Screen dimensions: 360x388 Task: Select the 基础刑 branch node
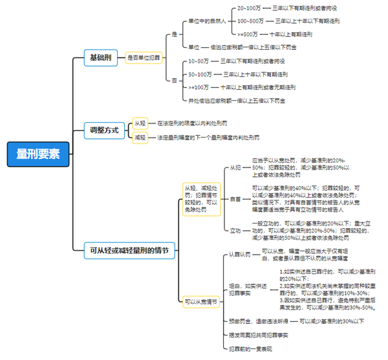[x=100, y=58]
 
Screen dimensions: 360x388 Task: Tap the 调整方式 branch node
[x=104, y=130]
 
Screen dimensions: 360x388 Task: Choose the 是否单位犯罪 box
[x=144, y=58]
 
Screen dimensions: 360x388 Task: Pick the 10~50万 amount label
[x=199, y=61]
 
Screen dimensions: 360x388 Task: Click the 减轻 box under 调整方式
[x=140, y=138]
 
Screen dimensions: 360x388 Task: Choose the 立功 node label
[x=236, y=230]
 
